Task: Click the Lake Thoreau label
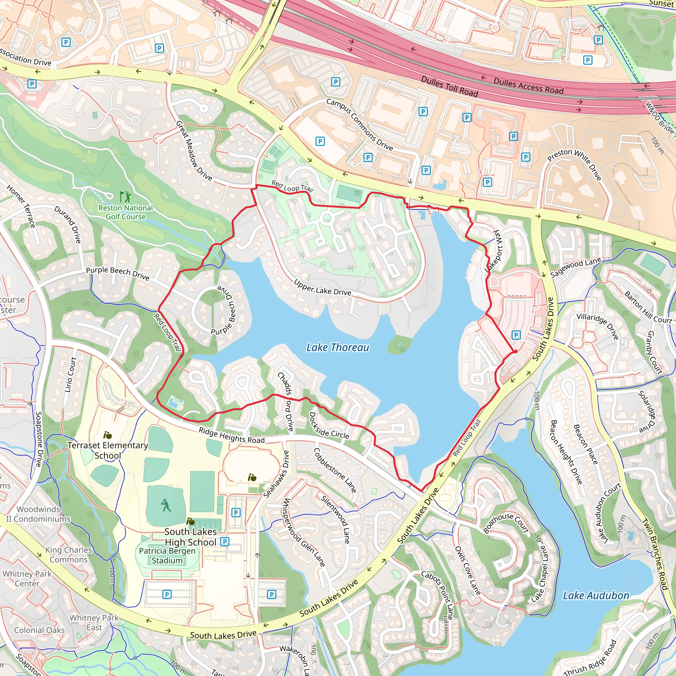point(338,348)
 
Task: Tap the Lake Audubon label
point(596,595)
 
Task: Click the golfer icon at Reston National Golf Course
point(125,197)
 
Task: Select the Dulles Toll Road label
point(449,86)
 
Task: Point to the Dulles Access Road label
point(528,86)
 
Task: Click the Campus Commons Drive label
point(360,124)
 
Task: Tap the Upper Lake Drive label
point(322,287)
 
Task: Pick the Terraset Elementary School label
point(108,450)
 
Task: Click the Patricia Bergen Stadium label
point(167,556)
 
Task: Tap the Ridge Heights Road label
point(232,435)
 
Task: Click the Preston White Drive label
point(575,164)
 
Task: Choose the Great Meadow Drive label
point(194,151)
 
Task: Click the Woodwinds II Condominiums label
point(39,514)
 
